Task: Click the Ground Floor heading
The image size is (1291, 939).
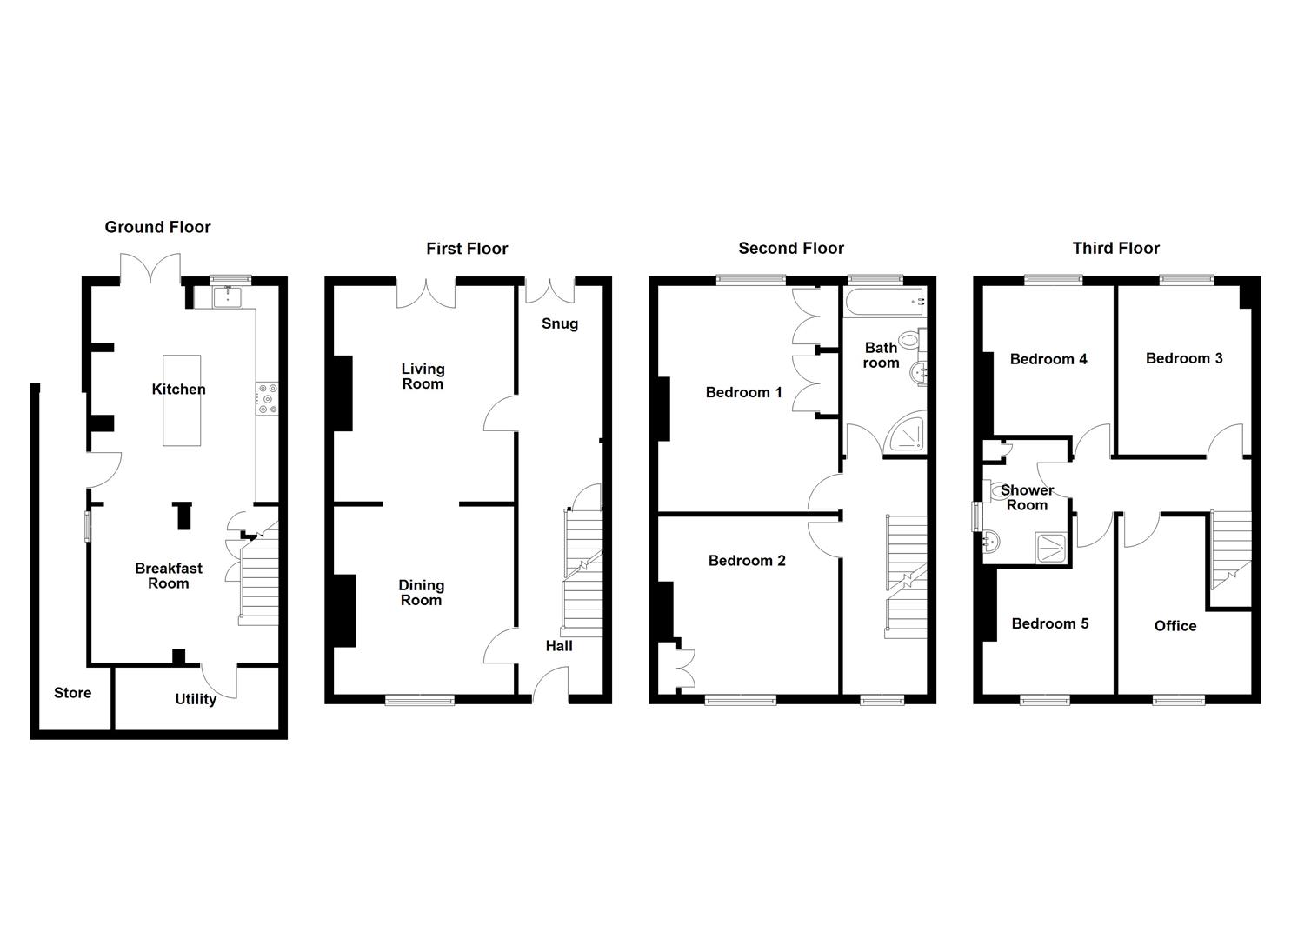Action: coord(157,227)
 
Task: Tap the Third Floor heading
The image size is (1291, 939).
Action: coord(1115,249)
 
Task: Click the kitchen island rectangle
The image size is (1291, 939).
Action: coord(182,400)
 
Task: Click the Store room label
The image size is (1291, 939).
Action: coord(72,693)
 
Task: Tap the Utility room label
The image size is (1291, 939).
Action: coord(196,699)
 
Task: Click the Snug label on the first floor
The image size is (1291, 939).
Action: coord(559,323)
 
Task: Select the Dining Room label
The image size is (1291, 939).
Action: coord(421,593)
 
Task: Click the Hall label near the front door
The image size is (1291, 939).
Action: coord(559,646)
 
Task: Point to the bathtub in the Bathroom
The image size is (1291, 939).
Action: coord(884,303)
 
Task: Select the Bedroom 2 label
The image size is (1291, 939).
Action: coord(746,561)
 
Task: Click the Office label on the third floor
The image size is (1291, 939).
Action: coord(1175,626)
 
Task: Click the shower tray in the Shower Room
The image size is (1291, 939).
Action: coord(1053,546)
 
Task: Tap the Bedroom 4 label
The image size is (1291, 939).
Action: coord(1048,359)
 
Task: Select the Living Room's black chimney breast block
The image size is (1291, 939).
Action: coord(343,393)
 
